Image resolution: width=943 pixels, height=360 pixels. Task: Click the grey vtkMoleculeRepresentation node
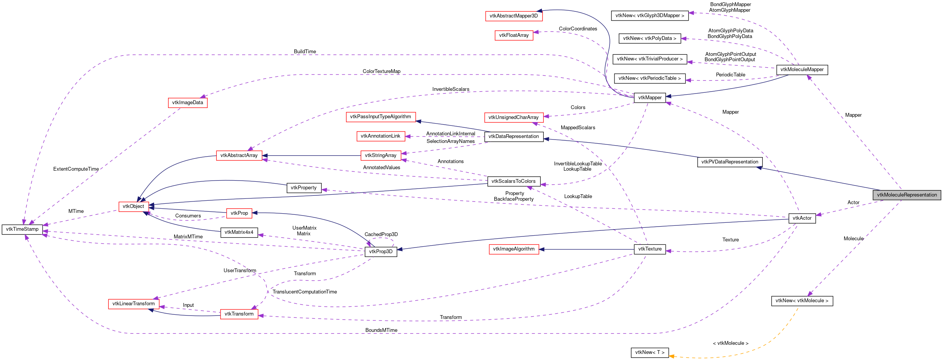click(x=906, y=195)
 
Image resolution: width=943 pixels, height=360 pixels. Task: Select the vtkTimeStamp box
click(x=22, y=229)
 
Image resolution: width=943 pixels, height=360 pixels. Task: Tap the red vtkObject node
click(x=133, y=206)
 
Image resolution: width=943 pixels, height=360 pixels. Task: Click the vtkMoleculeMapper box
click(x=802, y=70)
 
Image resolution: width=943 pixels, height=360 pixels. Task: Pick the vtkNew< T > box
click(x=649, y=352)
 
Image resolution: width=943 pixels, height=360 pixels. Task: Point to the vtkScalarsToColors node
click(x=513, y=181)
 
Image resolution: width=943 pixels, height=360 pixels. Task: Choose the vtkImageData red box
click(x=187, y=103)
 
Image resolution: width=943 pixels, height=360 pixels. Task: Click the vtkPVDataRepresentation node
click(x=729, y=162)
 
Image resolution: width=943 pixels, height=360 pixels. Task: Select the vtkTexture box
click(x=649, y=249)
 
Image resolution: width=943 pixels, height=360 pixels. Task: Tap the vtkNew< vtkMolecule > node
click(x=802, y=301)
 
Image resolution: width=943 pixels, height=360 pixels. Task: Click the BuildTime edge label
click(x=305, y=52)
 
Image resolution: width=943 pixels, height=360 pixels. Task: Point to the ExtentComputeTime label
click(x=76, y=169)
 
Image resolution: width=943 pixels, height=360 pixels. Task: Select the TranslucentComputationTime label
click(x=305, y=292)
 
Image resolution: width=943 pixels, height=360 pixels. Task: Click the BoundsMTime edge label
click(x=381, y=330)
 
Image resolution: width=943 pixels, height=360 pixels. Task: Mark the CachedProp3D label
click(x=381, y=235)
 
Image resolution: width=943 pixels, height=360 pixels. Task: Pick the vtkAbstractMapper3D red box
click(x=513, y=16)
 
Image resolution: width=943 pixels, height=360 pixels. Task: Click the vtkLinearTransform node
click(x=133, y=304)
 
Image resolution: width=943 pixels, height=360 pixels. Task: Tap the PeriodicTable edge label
click(x=730, y=75)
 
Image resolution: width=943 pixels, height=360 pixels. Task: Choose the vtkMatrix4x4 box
click(x=239, y=232)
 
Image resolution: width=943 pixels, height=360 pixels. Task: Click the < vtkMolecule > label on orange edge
click(x=730, y=343)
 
